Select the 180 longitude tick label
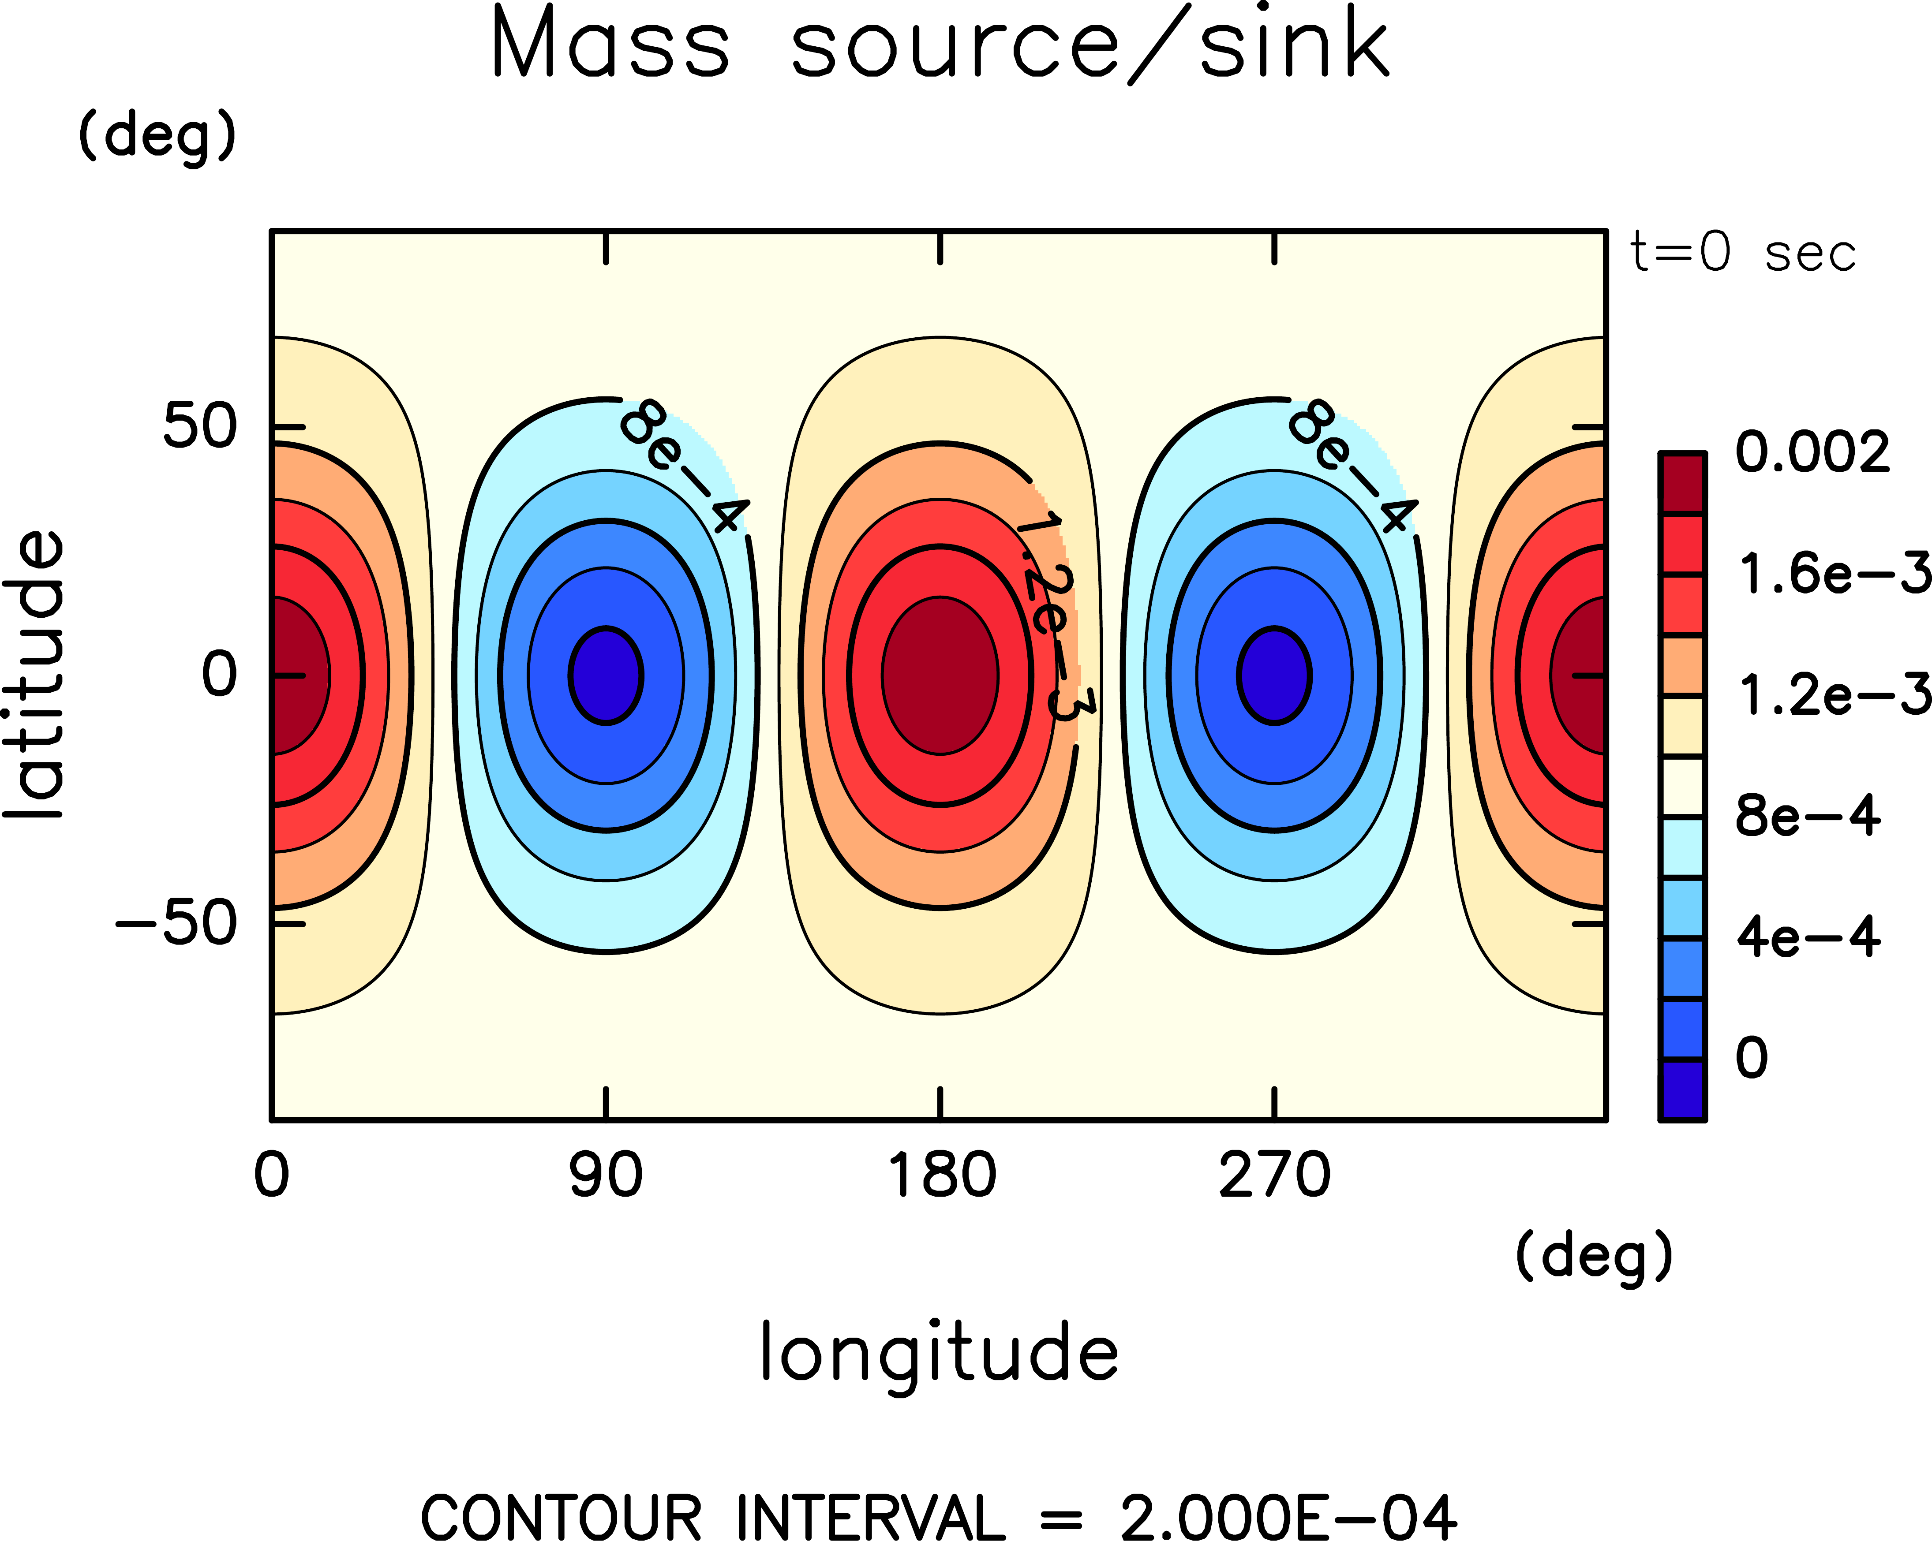tap(941, 1175)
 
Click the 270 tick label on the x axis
tap(1274, 1175)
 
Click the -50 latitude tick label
tap(176, 923)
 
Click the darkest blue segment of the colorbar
tap(1682, 1090)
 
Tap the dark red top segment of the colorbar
tap(1682, 484)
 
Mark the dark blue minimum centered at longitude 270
tap(1274, 675)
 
